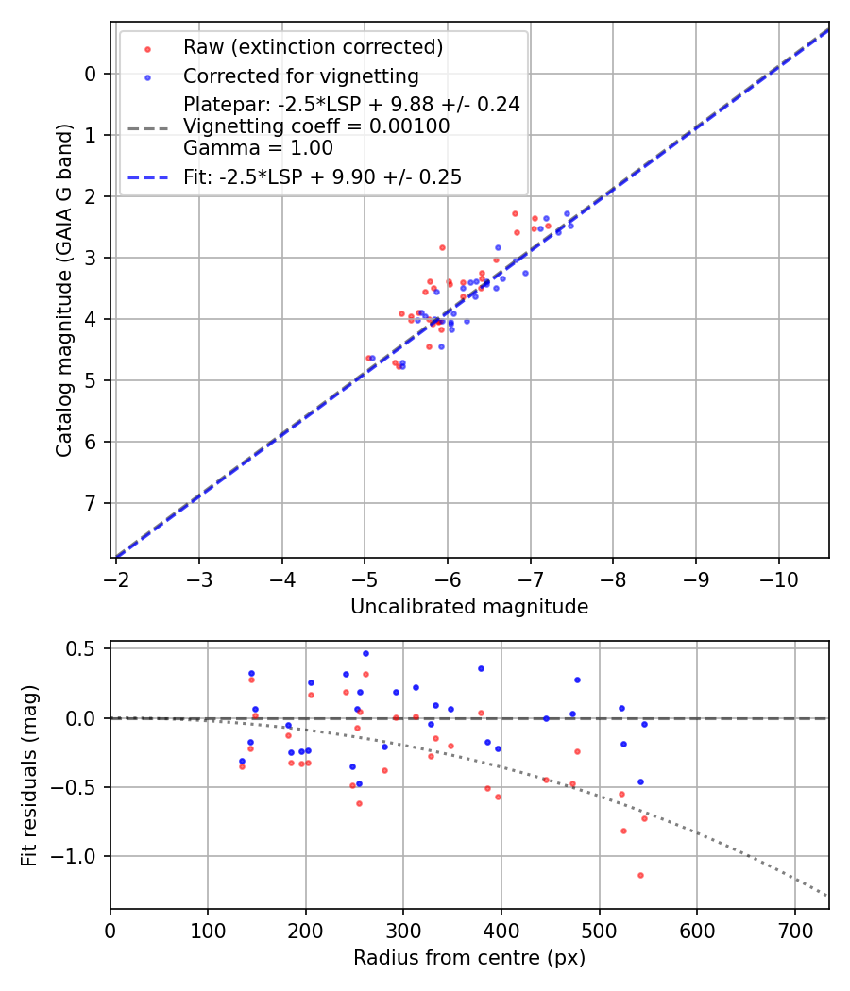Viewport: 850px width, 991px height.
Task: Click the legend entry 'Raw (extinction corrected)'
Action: pos(313,47)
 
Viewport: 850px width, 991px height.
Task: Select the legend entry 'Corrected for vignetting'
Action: pos(300,76)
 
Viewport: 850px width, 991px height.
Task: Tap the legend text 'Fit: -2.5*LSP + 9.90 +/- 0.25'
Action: pos(322,176)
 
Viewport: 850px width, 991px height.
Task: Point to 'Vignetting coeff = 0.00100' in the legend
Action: pos(316,126)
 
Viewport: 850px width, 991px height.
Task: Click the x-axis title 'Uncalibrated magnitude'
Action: pos(469,607)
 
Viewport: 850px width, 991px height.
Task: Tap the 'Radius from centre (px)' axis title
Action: pos(469,958)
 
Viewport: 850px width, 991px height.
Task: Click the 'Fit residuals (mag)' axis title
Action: pos(29,775)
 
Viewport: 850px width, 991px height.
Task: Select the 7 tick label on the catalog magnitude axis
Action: pos(91,503)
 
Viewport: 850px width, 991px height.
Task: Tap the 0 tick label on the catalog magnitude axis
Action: pos(91,74)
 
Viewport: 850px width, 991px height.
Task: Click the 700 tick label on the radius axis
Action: pos(794,929)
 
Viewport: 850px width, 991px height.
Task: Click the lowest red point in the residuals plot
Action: pos(640,875)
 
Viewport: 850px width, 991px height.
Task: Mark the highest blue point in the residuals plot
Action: pos(365,653)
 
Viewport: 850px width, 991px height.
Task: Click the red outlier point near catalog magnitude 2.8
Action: pos(442,247)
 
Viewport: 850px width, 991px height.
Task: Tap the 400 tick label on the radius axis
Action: pos(501,929)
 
